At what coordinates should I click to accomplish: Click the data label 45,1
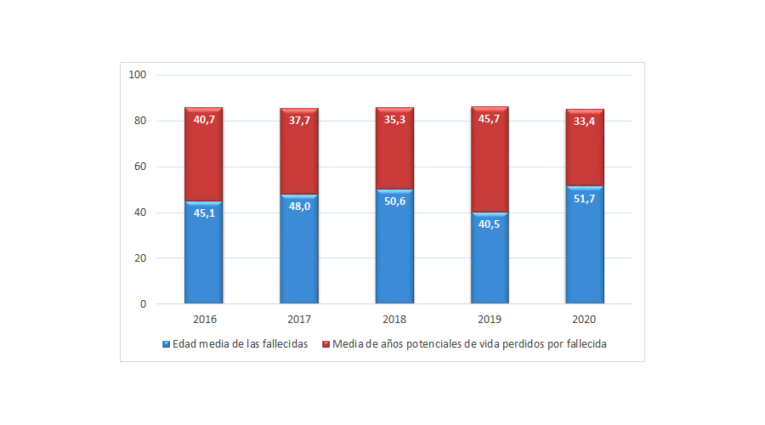204,213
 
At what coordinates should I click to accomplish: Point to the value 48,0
299,207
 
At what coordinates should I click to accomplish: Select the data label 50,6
394,201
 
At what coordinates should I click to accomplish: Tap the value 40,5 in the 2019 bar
490,224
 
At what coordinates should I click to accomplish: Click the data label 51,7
585,198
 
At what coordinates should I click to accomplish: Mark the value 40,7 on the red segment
204,120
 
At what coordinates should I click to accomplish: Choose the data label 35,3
394,120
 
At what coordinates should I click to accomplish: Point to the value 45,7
490,120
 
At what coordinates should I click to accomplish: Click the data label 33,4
585,120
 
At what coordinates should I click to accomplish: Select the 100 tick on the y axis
138,75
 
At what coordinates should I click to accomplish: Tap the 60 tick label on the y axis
140,167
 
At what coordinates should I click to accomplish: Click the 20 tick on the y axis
140,258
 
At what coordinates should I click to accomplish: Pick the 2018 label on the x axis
394,320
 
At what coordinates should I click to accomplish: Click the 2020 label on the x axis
585,320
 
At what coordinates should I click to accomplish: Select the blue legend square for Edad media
166,344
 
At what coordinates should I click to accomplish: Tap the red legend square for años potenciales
326,344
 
